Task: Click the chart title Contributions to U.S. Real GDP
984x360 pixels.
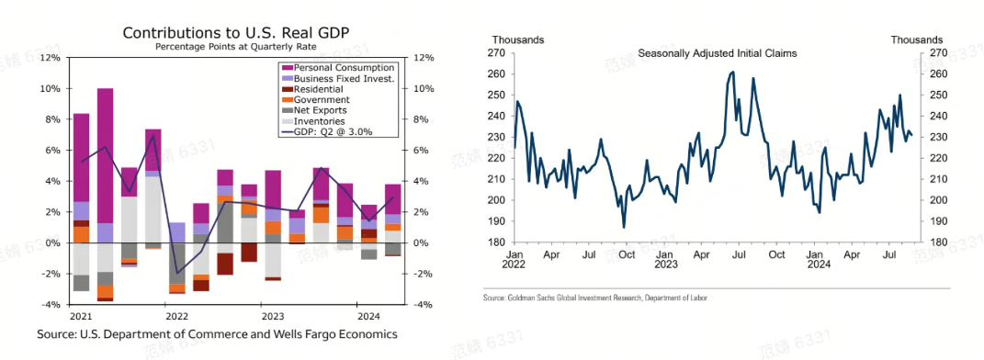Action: (x=236, y=33)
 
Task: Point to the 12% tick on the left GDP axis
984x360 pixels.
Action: (x=50, y=58)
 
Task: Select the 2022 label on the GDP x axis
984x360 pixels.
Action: (x=177, y=314)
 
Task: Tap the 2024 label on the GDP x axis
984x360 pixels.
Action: (x=368, y=314)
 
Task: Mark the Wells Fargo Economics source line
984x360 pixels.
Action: (x=217, y=335)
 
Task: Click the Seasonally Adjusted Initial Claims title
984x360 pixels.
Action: (x=718, y=53)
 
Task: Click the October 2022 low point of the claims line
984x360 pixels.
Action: (x=624, y=227)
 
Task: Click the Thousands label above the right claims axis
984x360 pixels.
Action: (x=916, y=39)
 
